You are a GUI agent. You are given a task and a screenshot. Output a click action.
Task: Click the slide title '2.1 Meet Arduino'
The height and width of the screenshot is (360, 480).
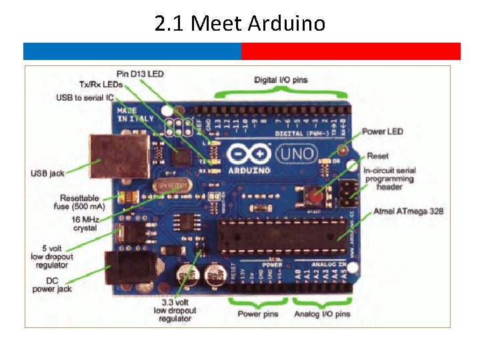click(x=240, y=24)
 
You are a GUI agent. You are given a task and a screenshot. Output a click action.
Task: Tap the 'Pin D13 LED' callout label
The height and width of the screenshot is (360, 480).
click(x=140, y=73)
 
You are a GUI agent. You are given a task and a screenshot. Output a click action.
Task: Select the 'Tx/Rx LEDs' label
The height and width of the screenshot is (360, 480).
click(x=101, y=85)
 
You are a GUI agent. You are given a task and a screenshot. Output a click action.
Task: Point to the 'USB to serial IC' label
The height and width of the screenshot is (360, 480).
click(x=85, y=98)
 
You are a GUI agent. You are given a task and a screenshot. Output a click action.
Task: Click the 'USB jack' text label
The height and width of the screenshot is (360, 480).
click(x=47, y=173)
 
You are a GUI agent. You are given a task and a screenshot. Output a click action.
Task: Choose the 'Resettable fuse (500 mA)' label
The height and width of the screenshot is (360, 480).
click(x=79, y=202)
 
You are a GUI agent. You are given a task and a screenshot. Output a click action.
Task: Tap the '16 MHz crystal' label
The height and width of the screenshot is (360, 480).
click(x=84, y=223)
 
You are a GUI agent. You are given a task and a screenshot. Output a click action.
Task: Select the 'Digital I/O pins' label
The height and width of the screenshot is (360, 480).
click(x=281, y=80)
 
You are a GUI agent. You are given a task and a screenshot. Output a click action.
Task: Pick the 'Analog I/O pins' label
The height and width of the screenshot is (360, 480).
click(x=321, y=313)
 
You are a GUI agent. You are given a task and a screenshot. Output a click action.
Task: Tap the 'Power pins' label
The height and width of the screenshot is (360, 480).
click(x=258, y=313)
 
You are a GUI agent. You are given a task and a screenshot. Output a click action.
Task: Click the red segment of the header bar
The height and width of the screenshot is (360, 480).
click(x=351, y=51)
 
